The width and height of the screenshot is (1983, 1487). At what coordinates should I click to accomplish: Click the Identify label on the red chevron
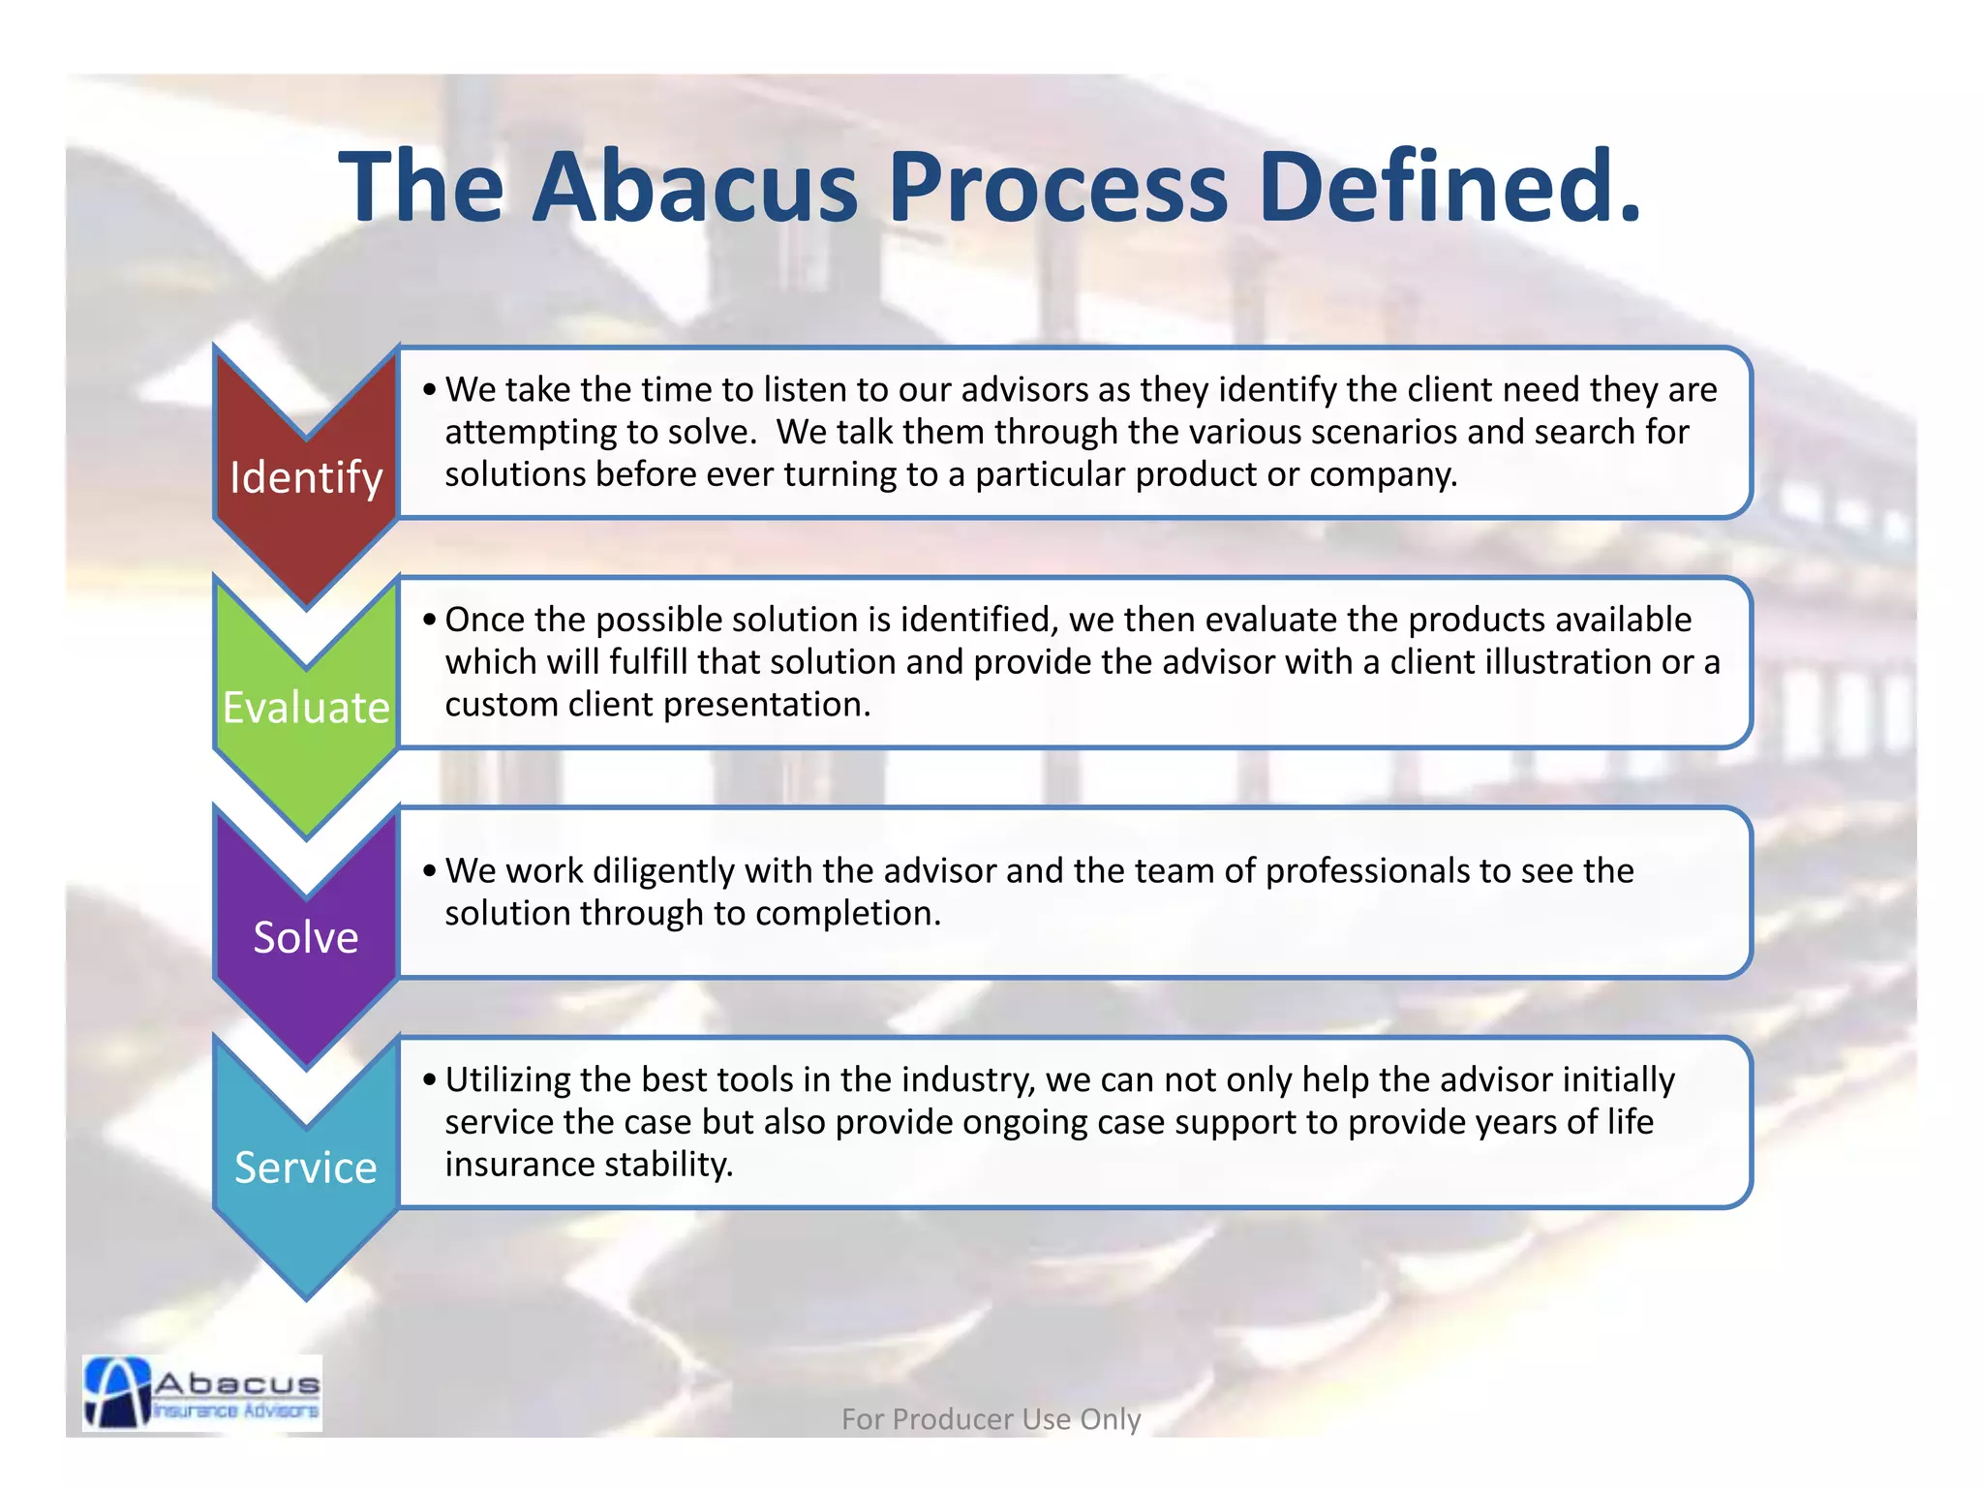306,477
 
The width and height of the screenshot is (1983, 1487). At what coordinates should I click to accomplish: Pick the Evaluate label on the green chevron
306,708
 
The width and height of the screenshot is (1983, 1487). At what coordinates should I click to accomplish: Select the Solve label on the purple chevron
306,937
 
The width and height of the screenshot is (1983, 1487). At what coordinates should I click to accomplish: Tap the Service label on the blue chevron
306,1168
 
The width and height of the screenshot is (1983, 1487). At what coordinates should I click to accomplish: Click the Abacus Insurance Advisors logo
202,1393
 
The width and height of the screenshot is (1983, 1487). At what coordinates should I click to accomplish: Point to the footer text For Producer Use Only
991,1419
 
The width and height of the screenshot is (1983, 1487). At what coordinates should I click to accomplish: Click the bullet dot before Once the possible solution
430,621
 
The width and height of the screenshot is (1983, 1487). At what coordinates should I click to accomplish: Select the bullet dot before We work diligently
430,871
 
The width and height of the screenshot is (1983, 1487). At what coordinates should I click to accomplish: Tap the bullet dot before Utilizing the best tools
430,1080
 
